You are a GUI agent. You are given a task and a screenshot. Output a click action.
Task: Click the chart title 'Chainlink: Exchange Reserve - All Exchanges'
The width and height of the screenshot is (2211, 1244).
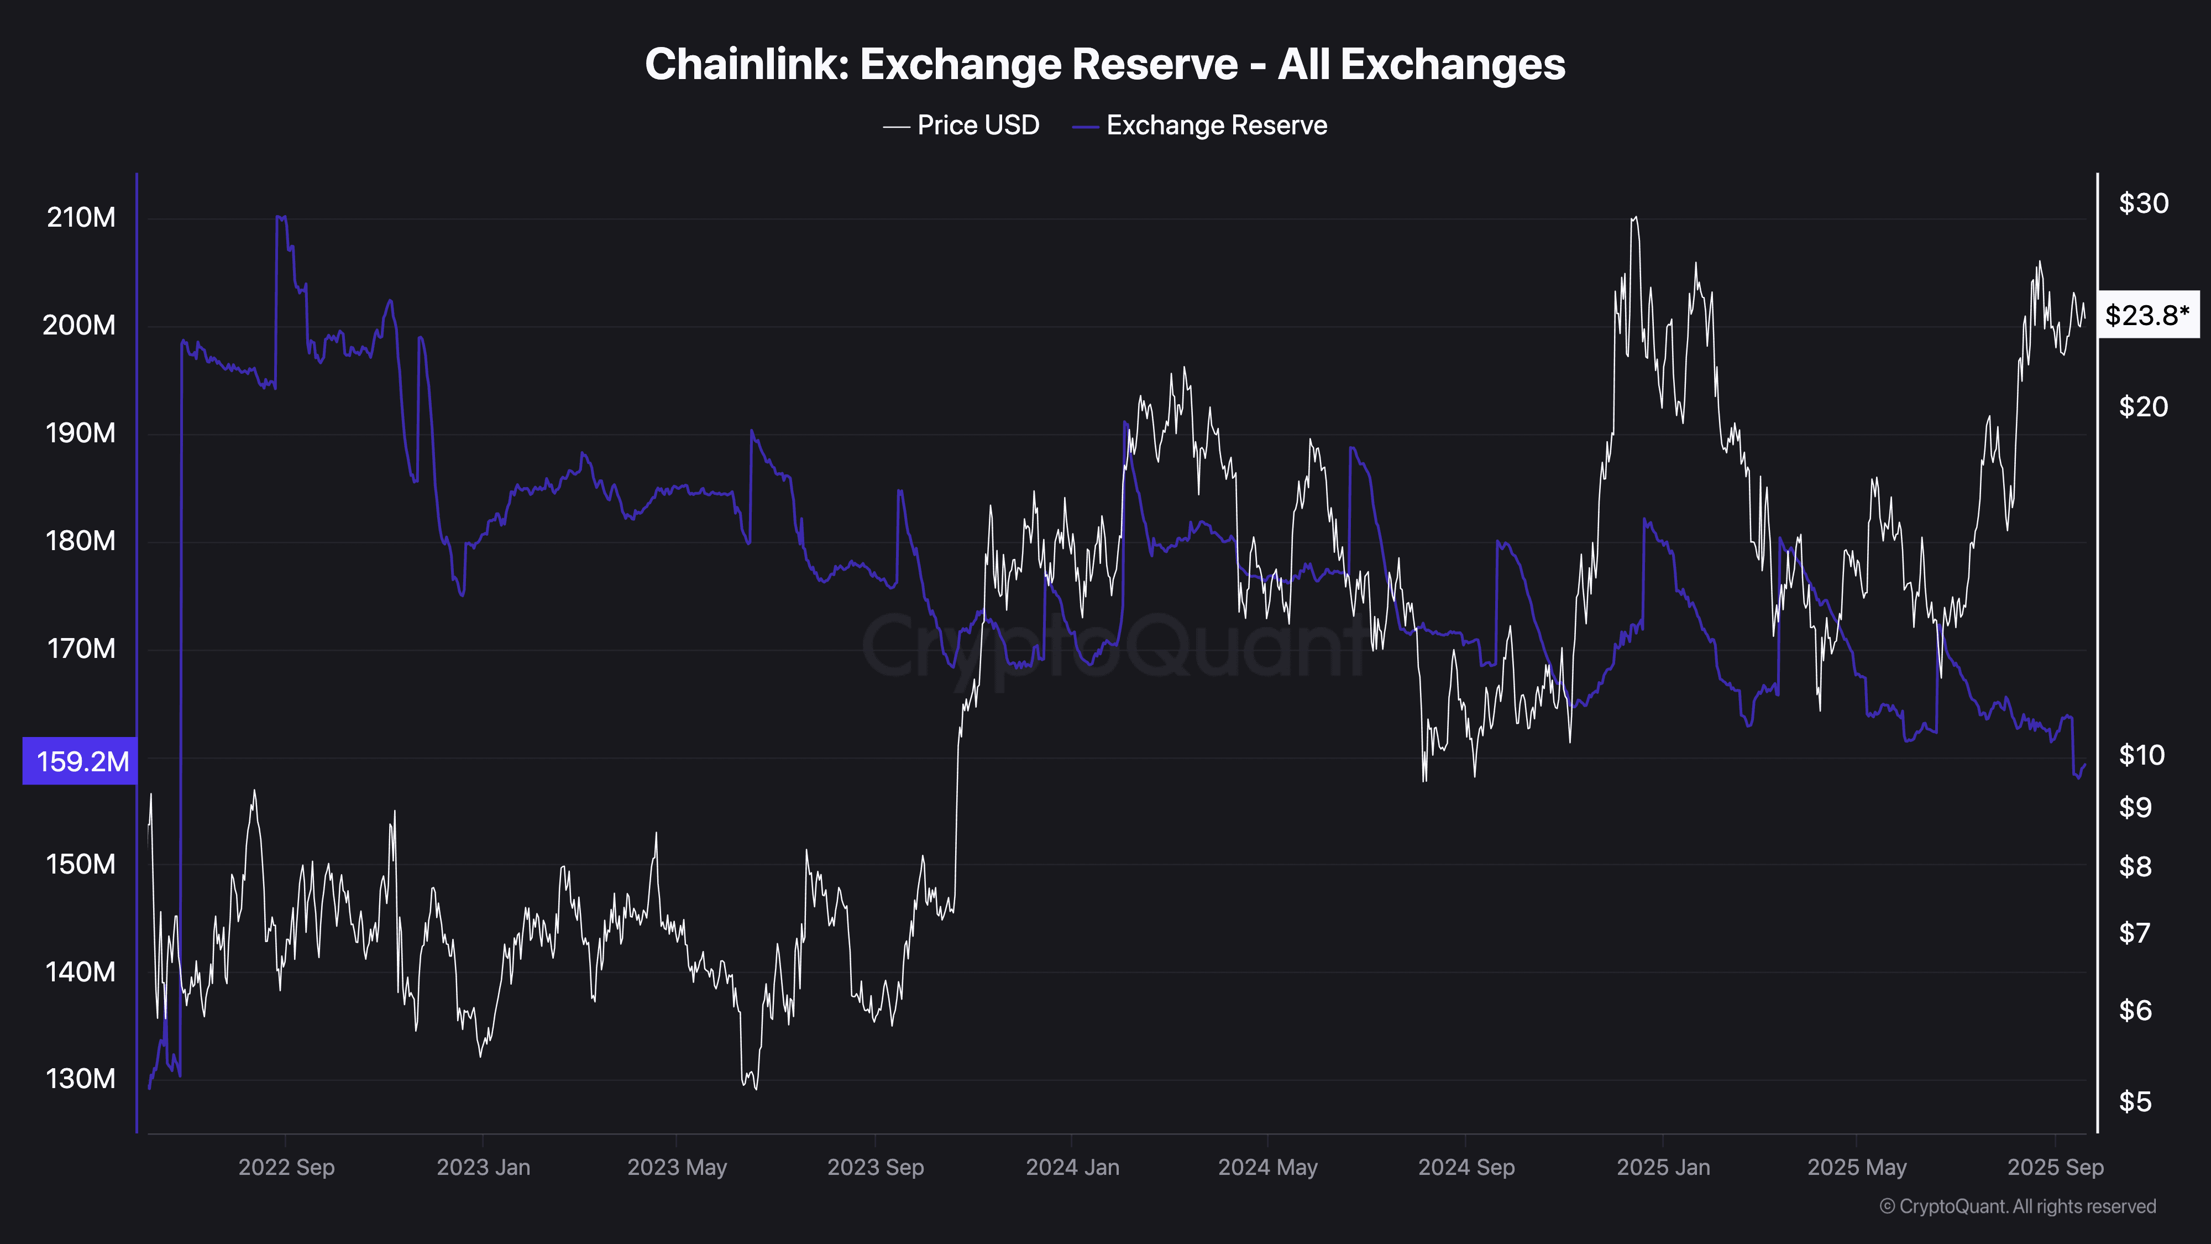(x=1104, y=64)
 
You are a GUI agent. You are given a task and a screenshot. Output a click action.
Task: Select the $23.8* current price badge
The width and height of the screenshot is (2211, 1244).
(x=2147, y=315)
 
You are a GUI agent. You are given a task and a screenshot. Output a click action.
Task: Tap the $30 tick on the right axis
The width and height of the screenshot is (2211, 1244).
(x=2143, y=203)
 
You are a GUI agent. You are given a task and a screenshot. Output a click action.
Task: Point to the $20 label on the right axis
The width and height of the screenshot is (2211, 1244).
(x=2143, y=406)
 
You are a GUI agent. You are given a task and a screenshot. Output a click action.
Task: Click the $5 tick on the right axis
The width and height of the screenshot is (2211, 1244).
(x=2135, y=1101)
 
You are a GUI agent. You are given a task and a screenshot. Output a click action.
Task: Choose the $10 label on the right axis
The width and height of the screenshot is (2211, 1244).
(x=2141, y=755)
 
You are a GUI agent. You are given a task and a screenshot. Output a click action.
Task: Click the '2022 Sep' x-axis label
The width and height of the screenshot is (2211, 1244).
(x=286, y=1168)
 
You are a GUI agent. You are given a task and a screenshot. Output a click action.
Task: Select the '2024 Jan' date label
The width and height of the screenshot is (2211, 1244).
(x=1072, y=1168)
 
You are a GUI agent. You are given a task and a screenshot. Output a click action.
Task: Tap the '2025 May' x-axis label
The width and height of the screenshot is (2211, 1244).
(x=1857, y=1168)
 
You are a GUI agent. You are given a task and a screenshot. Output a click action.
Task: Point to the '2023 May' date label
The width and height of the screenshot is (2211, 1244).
(x=677, y=1168)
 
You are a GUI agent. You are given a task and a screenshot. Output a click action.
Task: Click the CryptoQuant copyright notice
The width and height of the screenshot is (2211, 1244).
(x=2017, y=1206)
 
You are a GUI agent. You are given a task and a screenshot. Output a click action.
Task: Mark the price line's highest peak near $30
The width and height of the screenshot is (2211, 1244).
(x=1634, y=217)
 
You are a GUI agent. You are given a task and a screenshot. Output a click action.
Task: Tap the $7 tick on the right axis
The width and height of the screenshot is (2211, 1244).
(x=2135, y=932)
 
